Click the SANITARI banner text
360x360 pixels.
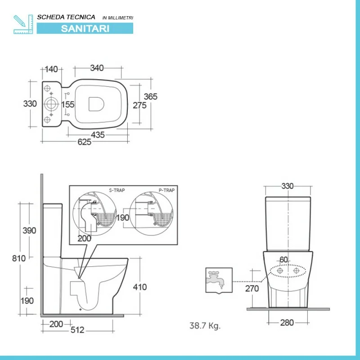[85, 28]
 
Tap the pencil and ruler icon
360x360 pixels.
[23, 24]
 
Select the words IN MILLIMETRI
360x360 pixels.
[118, 18]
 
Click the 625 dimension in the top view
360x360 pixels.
[85, 142]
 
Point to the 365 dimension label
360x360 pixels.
[151, 96]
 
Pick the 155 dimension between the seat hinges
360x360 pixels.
[68, 104]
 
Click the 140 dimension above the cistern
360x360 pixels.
[51, 69]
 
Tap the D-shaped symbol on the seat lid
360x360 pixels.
[96, 104]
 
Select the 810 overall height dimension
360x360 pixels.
[19, 258]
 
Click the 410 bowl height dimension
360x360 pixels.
[140, 287]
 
